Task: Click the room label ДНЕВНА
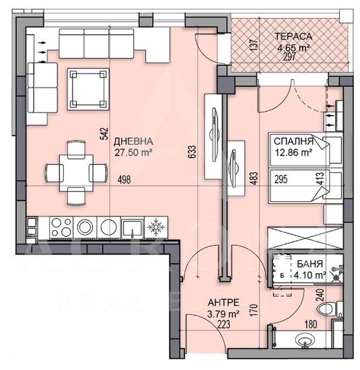point(133,141)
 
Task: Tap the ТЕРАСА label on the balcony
point(293,36)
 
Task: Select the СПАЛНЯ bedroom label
point(293,141)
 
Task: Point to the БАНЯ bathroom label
point(310,264)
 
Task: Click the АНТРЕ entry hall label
point(223,302)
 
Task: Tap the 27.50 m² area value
point(133,153)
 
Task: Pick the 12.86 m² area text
point(293,153)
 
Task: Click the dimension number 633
point(192,152)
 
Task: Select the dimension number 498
point(124,180)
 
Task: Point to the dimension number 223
point(224,324)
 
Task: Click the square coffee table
point(88,89)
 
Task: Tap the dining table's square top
point(76,173)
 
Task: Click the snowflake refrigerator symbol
point(156,227)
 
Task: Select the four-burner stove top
point(61,227)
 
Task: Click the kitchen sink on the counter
point(132,227)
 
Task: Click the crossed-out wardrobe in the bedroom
point(305,237)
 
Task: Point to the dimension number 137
point(253,45)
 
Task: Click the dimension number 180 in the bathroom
point(311,324)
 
